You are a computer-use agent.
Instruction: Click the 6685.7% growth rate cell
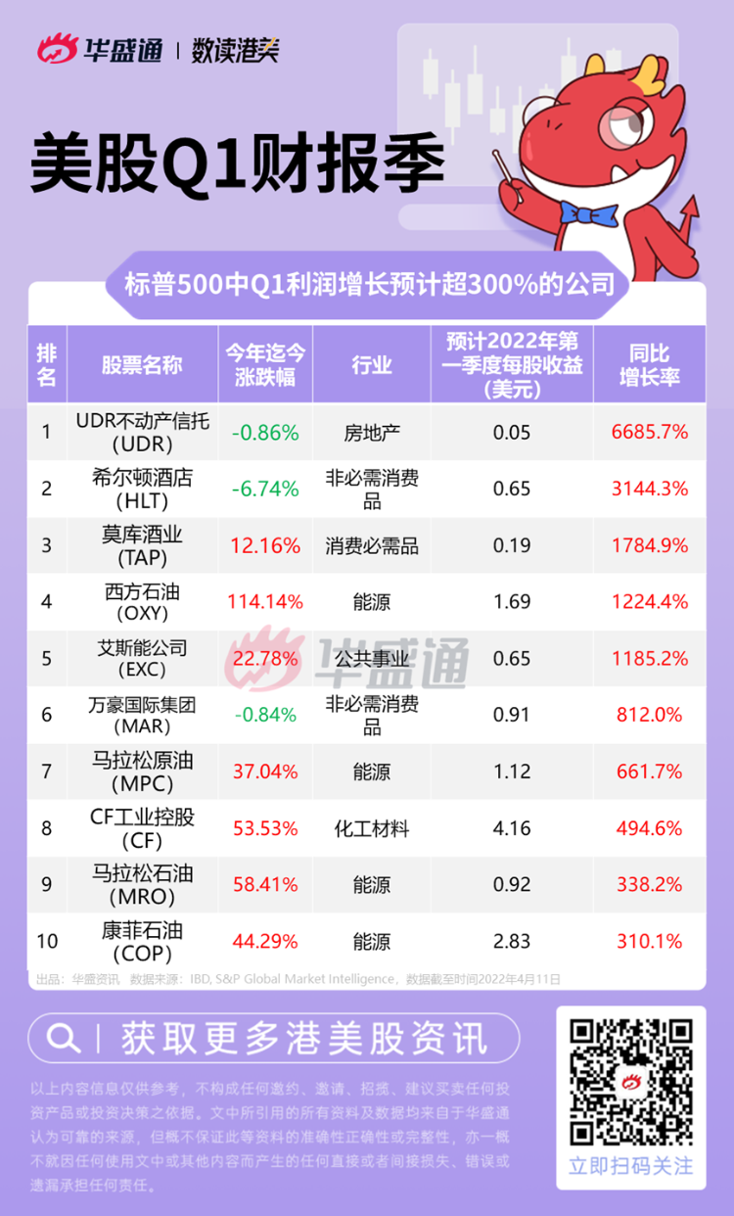click(x=650, y=432)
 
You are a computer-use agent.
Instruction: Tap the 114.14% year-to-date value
click(x=265, y=602)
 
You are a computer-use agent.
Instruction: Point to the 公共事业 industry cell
click(x=372, y=659)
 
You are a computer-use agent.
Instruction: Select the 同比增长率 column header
click(x=650, y=365)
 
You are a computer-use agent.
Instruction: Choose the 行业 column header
click(x=372, y=365)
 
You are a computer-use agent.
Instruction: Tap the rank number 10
click(x=47, y=942)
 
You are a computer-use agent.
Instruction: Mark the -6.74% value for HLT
click(x=265, y=489)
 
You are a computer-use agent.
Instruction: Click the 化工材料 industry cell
click(x=372, y=829)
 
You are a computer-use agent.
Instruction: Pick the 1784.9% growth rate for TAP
click(x=650, y=545)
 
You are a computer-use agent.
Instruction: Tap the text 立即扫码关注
click(x=630, y=1166)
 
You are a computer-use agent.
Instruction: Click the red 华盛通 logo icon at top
click(x=58, y=50)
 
